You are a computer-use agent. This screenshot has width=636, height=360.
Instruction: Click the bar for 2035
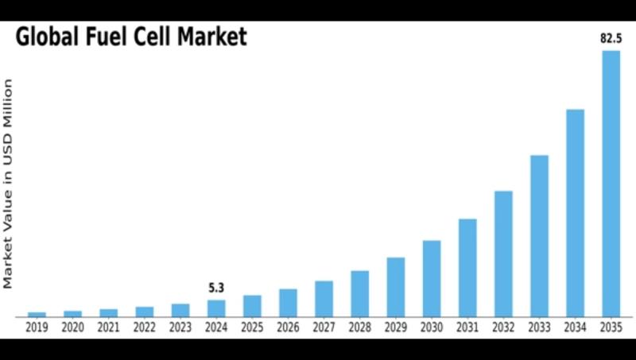point(611,183)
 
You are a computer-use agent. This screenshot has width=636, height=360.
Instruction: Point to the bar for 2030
point(432,278)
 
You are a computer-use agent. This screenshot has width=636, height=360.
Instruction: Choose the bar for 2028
point(359,293)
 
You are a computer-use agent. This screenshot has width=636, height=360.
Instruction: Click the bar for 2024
point(216,308)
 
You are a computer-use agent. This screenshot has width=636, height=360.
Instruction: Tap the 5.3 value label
point(216,288)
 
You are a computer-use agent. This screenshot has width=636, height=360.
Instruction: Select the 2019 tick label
point(37,327)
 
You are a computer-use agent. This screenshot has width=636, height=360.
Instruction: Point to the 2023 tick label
point(180,327)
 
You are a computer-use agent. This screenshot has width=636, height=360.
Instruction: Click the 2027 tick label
point(324,327)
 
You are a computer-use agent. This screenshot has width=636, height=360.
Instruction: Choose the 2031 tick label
point(467,327)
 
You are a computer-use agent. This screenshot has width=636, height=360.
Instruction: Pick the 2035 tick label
point(611,327)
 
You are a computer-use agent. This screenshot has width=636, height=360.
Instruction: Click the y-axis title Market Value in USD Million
point(9,183)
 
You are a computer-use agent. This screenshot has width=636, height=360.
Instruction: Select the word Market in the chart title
point(212,37)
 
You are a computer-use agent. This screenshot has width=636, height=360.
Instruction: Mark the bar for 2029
point(396,287)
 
